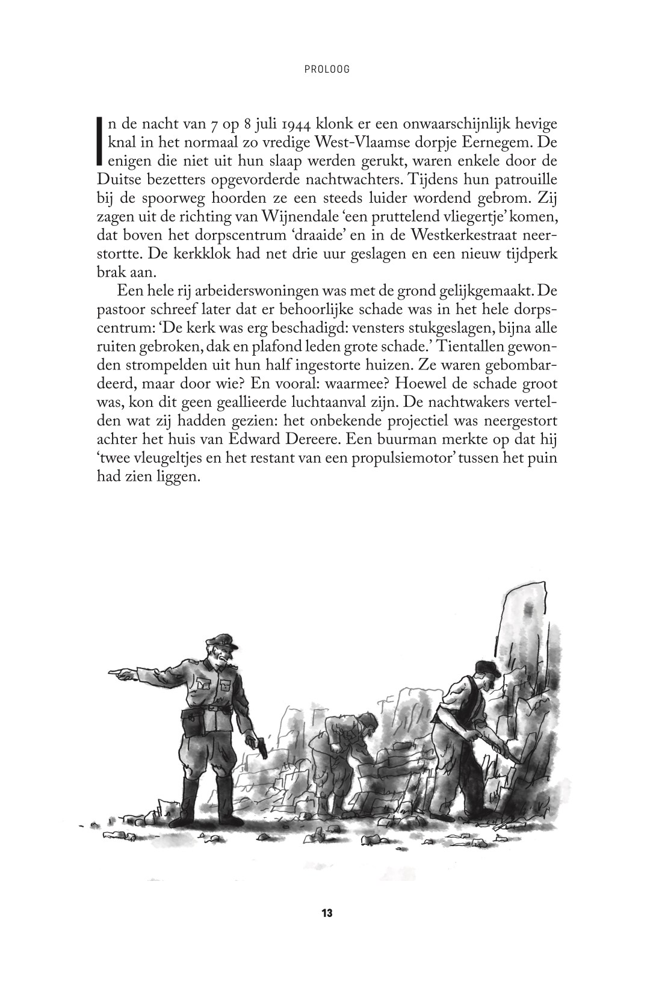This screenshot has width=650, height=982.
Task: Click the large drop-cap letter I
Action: tap(100, 143)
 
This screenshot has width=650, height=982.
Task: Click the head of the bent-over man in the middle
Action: tap(361, 722)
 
